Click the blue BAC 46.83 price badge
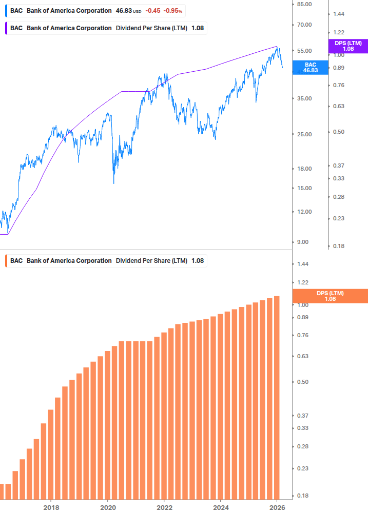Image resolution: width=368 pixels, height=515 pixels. pyautogui.click(x=310, y=68)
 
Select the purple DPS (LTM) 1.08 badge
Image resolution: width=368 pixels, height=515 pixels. pyautogui.click(x=348, y=46)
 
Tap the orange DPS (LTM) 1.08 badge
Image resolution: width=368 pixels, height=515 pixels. pyautogui.click(x=330, y=296)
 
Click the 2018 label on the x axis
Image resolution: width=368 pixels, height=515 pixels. pyautogui.click(x=51, y=507)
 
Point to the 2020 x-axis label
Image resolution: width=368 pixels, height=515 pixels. pyautogui.click(x=108, y=507)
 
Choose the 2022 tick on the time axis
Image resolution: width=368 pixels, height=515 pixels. pyautogui.click(x=164, y=507)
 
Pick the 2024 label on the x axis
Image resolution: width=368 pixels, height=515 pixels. pyautogui.click(x=220, y=507)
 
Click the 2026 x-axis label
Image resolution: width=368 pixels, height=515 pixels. pyautogui.click(x=277, y=507)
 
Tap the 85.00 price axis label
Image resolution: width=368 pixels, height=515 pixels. pyautogui.click(x=304, y=4)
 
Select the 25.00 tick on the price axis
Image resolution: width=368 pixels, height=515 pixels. pyautogui.click(x=304, y=134)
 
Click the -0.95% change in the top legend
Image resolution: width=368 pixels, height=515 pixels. pyautogui.click(x=172, y=11)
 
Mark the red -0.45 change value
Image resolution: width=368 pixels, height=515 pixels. pyautogui.click(x=152, y=11)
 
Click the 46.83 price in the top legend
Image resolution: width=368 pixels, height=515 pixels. pyautogui.click(x=124, y=11)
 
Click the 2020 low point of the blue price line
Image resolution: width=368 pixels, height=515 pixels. pyautogui.click(x=113, y=182)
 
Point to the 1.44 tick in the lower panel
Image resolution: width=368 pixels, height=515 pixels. pyautogui.click(x=302, y=264)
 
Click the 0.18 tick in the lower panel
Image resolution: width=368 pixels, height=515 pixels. pyautogui.click(x=302, y=496)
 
